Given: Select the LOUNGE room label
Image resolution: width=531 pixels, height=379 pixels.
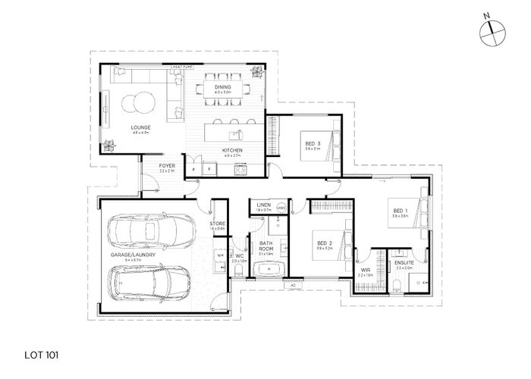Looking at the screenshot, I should [x=141, y=127].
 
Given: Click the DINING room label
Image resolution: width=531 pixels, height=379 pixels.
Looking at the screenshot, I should [x=222, y=88].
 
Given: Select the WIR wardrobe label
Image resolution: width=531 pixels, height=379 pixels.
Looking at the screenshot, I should [x=365, y=268].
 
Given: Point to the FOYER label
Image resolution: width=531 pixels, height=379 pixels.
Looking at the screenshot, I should [x=168, y=166].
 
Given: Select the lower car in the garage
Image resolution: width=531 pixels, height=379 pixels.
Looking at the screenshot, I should [x=156, y=285].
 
